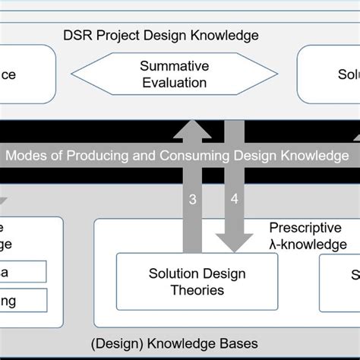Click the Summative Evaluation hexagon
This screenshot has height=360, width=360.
(175, 74)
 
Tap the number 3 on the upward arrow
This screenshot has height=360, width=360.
(193, 200)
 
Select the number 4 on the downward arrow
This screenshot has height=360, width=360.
(234, 200)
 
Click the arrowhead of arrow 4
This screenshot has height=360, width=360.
(235, 242)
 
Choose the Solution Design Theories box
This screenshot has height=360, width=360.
(197, 282)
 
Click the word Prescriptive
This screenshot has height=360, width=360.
(304, 228)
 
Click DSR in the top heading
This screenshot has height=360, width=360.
(80, 35)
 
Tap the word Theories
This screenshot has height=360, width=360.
(197, 290)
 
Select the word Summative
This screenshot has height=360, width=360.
(175, 66)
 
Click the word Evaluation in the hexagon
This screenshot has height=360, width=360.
(174, 83)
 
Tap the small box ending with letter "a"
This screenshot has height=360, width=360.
(23, 272)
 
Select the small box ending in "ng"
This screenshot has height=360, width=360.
(23, 300)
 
